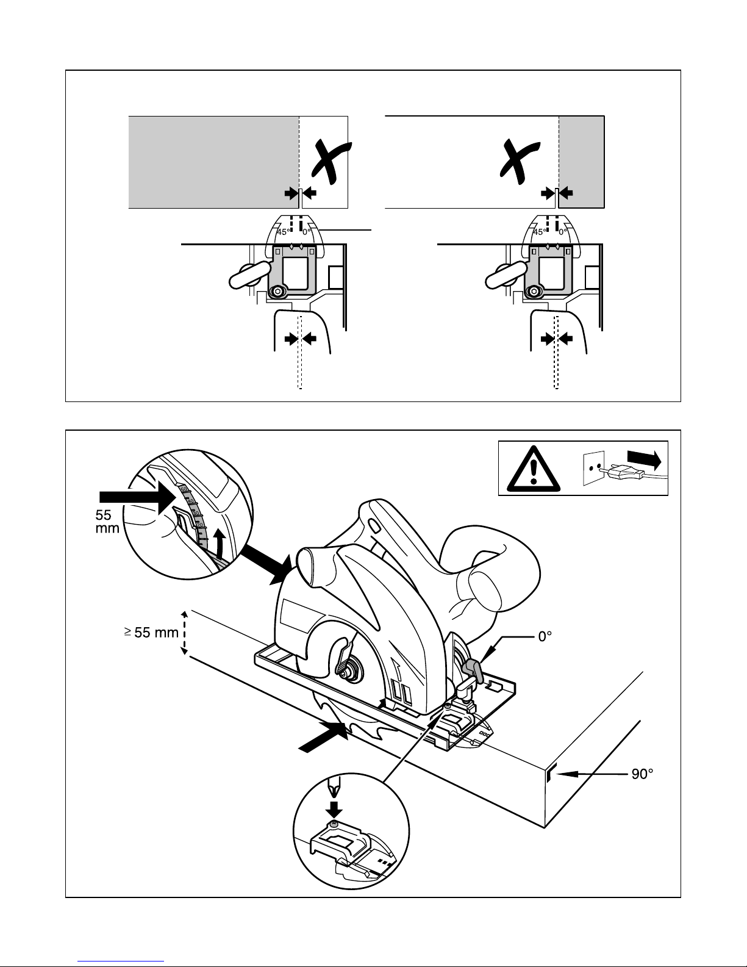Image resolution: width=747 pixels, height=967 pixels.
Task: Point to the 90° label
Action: tap(641, 774)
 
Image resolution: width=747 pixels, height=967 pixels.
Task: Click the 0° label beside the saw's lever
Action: tap(544, 636)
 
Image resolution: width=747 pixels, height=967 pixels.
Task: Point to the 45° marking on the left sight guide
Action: tap(283, 232)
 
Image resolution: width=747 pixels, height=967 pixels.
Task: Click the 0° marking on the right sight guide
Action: tap(564, 232)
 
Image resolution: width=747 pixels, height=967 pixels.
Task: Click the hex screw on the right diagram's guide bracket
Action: tap(535, 292)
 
